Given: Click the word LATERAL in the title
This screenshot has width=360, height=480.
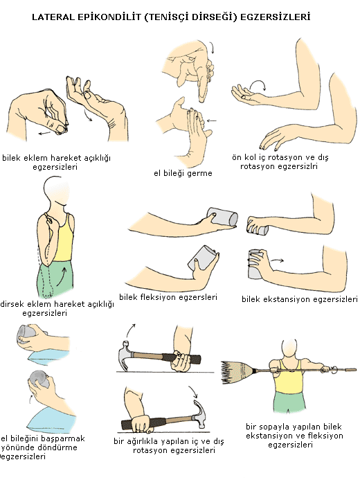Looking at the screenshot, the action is click(53, 17).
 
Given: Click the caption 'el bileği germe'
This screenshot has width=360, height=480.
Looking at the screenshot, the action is click(183, 173).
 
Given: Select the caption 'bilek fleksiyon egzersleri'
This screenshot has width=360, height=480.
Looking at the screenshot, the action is click(168, 297).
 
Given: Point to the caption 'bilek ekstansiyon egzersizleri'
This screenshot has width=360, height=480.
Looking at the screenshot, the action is click(300, 299).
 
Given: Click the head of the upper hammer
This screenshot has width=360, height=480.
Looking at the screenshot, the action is click(125, 355).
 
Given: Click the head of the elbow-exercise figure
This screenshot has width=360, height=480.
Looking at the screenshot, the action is click(56, 193).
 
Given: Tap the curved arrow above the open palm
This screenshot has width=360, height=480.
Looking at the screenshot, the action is click(258, 85).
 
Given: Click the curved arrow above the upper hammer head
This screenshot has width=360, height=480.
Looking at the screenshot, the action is click(131, 330).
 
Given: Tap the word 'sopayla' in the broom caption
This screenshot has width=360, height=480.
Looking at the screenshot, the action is click(276, 427).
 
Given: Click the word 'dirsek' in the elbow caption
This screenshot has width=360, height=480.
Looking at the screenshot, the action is click(12, 304).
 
